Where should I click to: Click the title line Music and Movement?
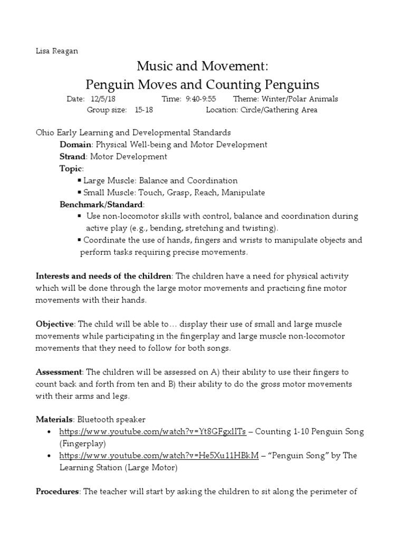click(x=202, y=66)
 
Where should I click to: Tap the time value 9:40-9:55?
click(x=200, y=99)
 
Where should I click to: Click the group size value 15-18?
click(x=144, y=110)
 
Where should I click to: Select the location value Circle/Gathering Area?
click(x=279, y=110)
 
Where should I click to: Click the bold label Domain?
click(x=75, y=144)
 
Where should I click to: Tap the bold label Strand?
click(x=73, y=157)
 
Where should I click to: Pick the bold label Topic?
click(x=71, y=168)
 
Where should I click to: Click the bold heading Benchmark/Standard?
click(x=101, y=204)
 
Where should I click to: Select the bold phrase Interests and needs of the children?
click(x=103, y=276)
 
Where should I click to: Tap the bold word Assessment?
click(x=58, y=372)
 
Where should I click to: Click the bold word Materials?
click(x=54, y=419)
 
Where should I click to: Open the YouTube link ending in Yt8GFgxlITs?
click(x=152, y=431)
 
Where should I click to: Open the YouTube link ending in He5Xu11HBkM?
click(x=159, y=456)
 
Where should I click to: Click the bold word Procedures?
click(x=57, y=491)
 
